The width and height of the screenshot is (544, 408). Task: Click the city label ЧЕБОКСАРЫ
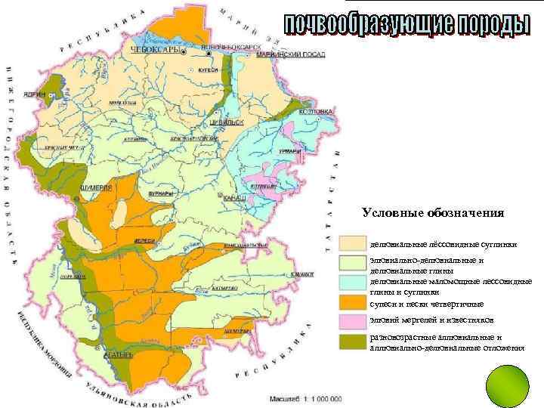[x=156, y=50]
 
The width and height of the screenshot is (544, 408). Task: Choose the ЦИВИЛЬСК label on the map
[x=226, y=121]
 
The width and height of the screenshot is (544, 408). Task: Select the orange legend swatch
[x=351, y=302]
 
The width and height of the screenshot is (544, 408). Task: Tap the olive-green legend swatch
[x=351, y=342]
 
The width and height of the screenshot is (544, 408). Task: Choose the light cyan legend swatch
[x=351, y=283]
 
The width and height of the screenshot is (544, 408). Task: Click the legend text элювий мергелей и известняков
[x=426, y=321]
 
